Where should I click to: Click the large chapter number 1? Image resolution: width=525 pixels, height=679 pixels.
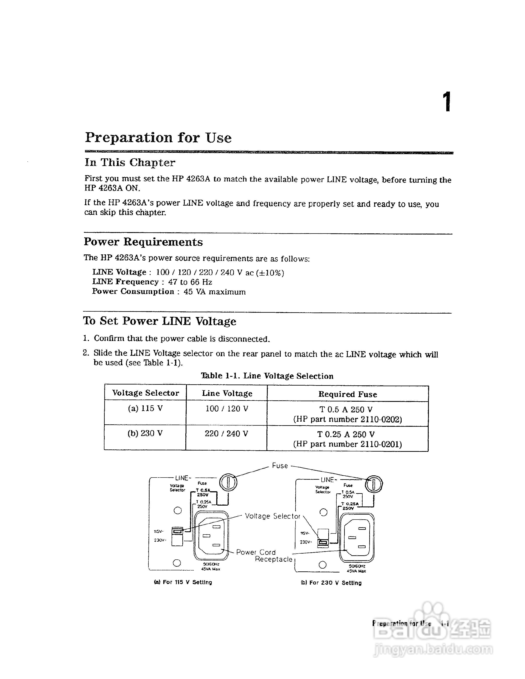[x=447, y=102]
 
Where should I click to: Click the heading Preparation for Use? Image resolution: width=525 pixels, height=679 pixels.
[x=158, y=138]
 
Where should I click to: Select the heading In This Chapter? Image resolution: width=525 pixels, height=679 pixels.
[x=130, y=163]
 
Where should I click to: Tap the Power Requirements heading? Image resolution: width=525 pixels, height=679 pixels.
[x=143, y=242]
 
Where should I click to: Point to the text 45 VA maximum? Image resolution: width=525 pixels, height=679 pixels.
[x=214, y=292]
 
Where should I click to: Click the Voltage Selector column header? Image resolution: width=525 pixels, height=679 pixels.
[x=145, y=393]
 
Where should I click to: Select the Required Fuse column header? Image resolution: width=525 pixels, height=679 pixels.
[x=347, y=394]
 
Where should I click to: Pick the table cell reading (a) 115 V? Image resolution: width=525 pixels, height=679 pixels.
[x=145, y=409]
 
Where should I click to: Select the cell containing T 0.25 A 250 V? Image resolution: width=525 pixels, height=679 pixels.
[x=346, y=434]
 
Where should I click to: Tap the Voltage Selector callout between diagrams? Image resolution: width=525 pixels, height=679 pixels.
[x=272, y=516]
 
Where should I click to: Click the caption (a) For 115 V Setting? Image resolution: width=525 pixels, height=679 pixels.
[x=183, y=582]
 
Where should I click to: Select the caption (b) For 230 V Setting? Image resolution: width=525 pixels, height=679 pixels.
[x=331, y=583]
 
